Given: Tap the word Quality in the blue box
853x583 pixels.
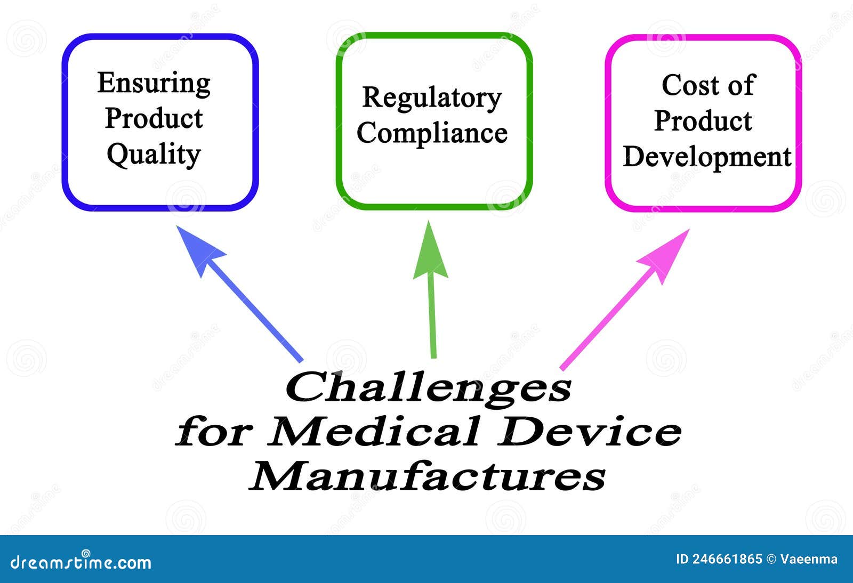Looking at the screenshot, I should pos(154,155).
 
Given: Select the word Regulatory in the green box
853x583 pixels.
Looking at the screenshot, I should pos(432,98).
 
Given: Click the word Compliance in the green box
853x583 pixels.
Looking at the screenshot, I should pos(432,133).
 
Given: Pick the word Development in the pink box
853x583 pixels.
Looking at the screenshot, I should pos(707,157).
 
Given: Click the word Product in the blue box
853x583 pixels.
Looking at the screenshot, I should pos(154,119).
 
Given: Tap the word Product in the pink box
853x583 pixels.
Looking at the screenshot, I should pos(703,122).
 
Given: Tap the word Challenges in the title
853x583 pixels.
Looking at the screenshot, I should pos(428,387).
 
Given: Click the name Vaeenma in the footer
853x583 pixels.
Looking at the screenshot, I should pos(809,559).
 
